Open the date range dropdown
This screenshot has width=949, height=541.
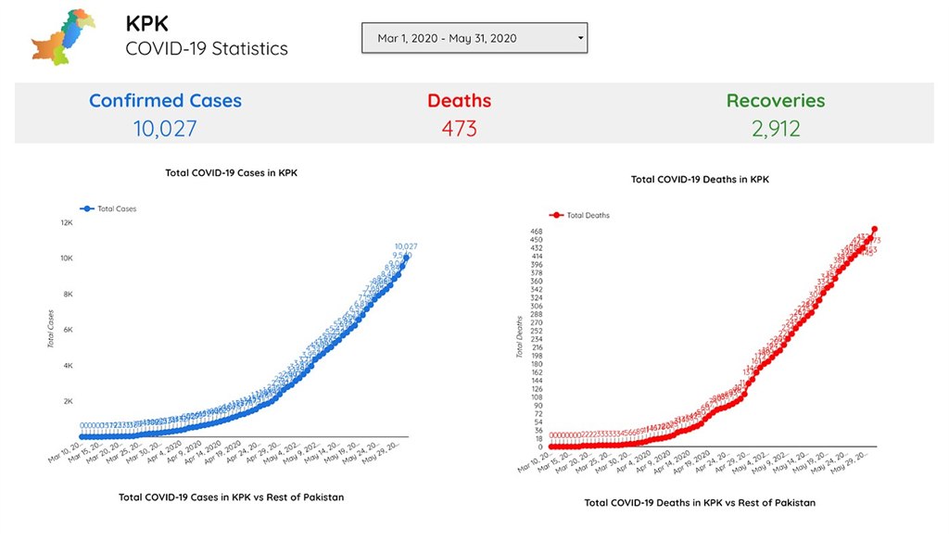(x=474, y=38)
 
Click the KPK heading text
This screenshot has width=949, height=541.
(x=147, y=23)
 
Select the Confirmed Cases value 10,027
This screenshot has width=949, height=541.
(x=165, y=128)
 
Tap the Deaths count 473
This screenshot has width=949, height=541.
(x=459, y=128)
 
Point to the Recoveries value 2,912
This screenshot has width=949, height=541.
(x=776, y=128)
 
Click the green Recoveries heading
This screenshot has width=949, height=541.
(x=776, y=101)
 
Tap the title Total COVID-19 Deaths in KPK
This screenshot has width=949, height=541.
(x=700, y=179)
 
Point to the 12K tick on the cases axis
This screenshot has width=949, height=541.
(x=67, y=223)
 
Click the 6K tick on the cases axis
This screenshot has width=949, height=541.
(x=67, y=330)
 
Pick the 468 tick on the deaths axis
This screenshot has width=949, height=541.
(x=537, y=232)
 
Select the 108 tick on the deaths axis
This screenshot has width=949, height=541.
(x=537, y=396)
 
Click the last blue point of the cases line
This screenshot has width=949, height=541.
(x=406, y=257)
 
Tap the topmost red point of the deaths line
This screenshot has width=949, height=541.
(x=875, y=230)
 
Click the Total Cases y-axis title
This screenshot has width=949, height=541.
(x=52, y=329)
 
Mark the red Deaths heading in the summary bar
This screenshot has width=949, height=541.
(x=459, y=101)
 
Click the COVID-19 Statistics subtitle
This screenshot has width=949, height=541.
(x=207, y=48)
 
